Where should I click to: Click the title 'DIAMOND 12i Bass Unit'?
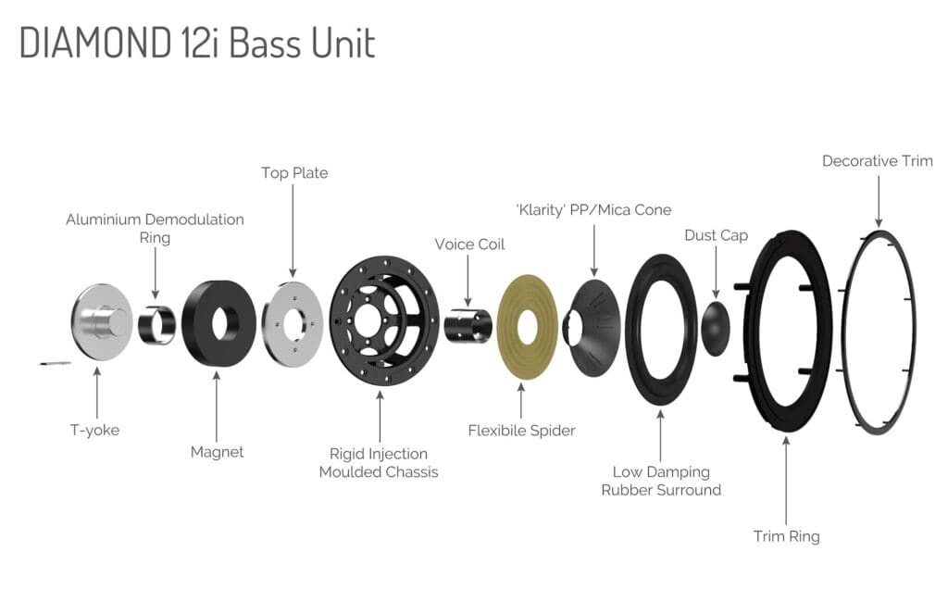(x=197, y=43)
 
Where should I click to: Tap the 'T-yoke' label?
(x=96, y=430)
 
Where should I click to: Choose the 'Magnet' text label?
(x=216, y=452)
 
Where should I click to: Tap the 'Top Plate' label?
(x=293, y=173)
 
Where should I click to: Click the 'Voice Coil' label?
(x=469, y=244)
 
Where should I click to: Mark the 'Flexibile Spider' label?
(x=521, y=431)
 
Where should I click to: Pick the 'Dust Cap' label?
(x=716, y=236)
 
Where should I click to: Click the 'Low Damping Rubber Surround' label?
(x=660, y=481)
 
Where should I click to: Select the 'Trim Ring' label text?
(x=786, y=536)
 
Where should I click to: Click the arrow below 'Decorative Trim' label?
(x=877, y=199)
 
